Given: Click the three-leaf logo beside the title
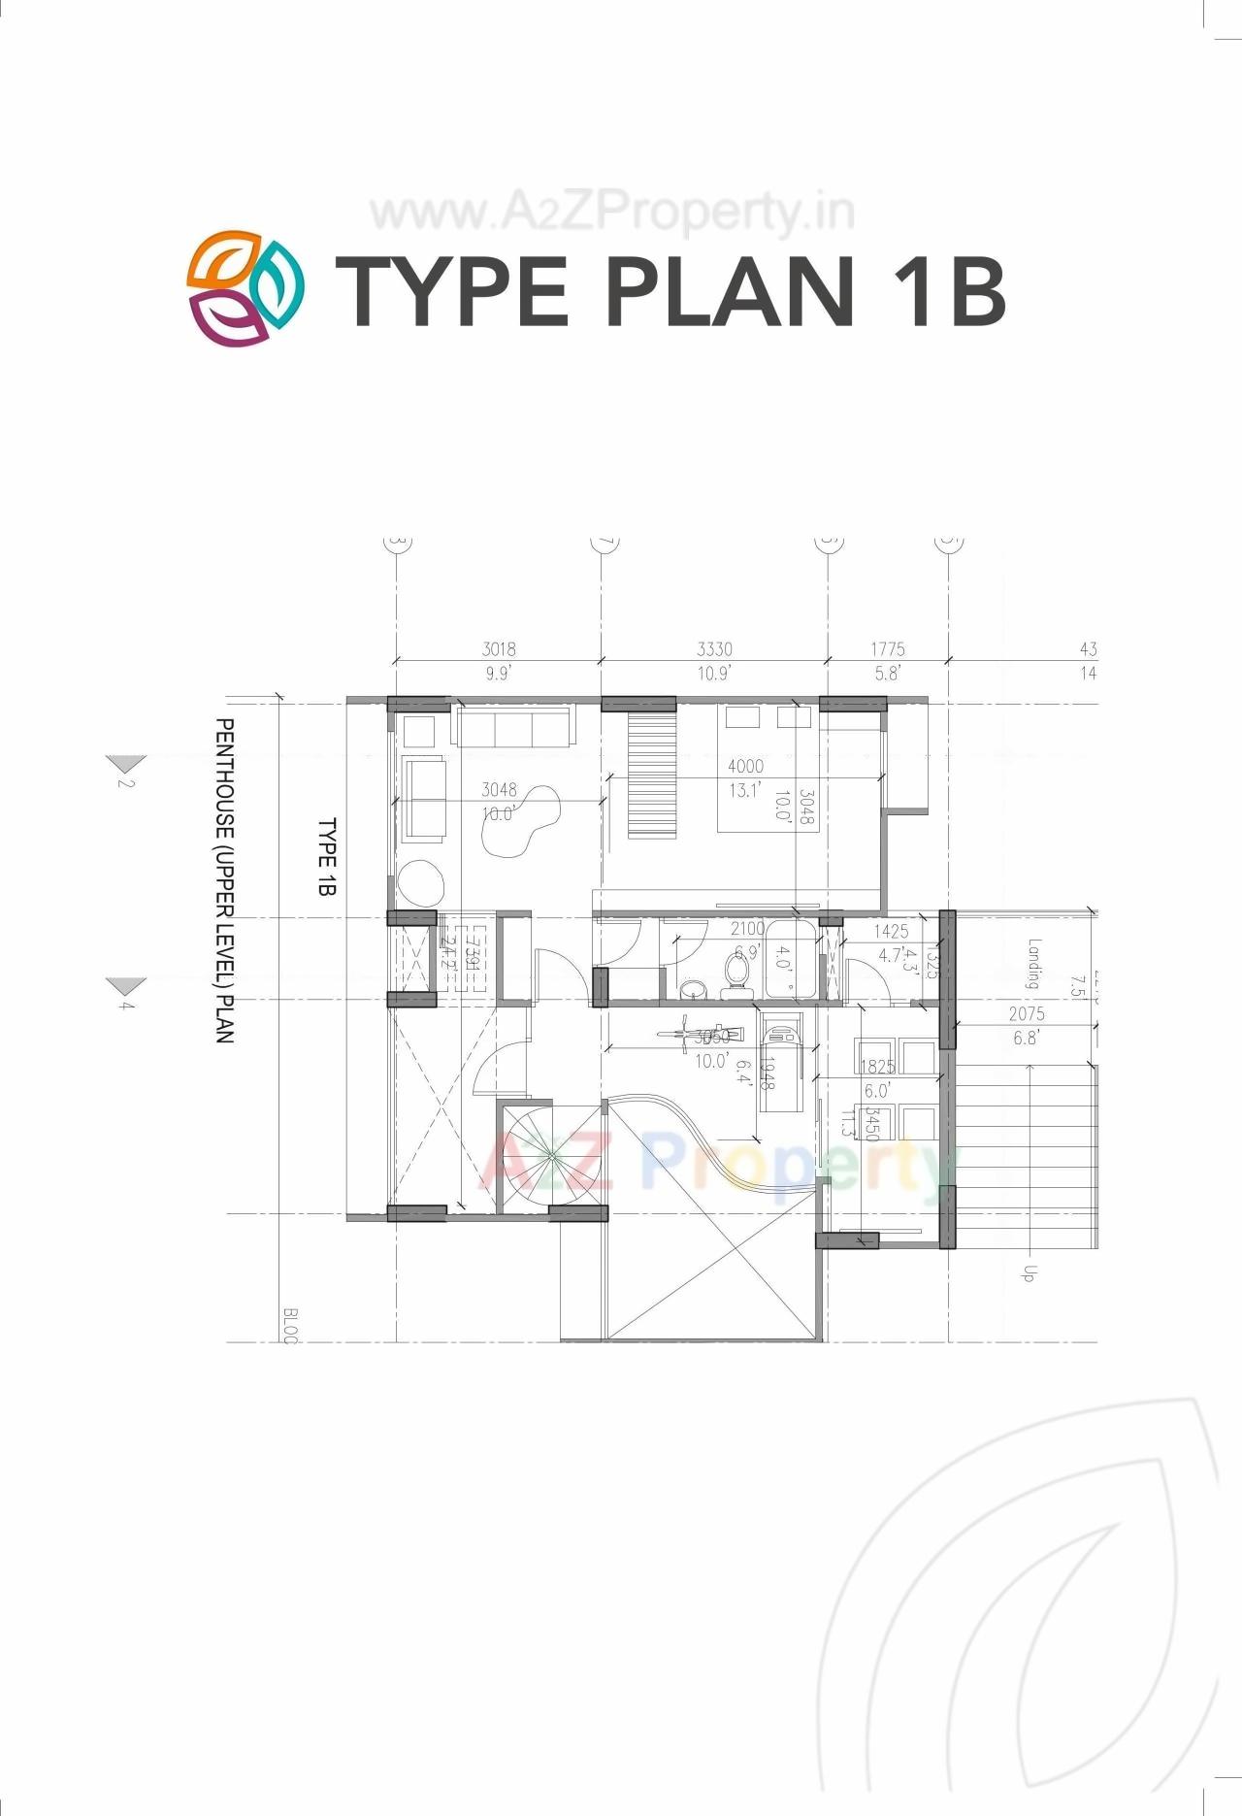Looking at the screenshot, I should tap(245, 288).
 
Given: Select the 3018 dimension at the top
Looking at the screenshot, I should tap(499, 649).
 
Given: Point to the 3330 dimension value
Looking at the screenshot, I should tap(714, 649).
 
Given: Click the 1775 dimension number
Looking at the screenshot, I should tap(887, 649).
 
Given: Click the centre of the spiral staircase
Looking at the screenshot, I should tap(550, 1154).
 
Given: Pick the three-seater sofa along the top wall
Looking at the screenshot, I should tap(513, 728).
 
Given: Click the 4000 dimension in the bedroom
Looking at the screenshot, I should tap(745, 767).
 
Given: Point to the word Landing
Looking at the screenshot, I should tap(1034, 963).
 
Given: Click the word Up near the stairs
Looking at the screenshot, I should tap(1030, 1272).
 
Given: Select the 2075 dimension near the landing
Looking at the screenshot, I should tap(1026, 1014).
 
